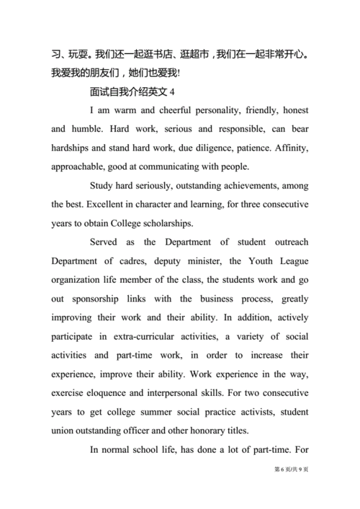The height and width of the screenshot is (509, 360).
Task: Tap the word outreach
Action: (287, 242)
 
